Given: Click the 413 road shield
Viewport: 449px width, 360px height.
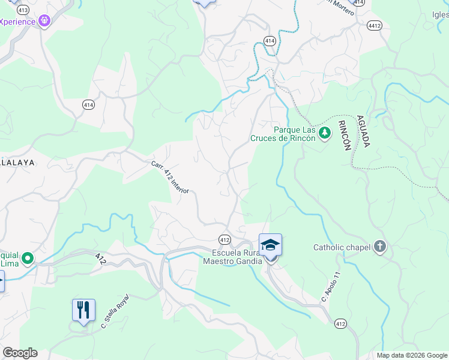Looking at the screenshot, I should pos(23,10).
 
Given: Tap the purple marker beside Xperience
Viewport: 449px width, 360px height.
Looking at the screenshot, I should pos(44,21).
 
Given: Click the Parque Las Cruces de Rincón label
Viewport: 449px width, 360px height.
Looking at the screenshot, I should pos(286,133).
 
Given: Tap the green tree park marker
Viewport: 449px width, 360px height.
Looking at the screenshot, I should pos(325,132).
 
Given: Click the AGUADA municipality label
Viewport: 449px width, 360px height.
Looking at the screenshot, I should pos(363,131).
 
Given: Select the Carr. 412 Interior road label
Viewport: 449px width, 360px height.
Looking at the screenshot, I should pos(170,177).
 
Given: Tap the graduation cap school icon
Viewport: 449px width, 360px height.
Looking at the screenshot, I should pos(270,245).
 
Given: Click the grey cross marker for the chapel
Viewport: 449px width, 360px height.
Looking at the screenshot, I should pos(379,247).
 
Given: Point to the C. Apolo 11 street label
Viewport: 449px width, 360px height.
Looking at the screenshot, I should pos(331,286).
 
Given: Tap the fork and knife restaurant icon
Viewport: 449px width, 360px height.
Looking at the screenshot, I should pos(83,310).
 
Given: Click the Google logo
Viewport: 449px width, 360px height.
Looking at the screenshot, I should pos(20,353).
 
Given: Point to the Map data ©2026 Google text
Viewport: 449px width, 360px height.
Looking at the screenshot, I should pos(411,355).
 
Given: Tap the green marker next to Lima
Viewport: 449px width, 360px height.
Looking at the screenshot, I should pos(28,258).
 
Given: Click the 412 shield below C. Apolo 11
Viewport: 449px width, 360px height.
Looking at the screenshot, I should pos(341,324).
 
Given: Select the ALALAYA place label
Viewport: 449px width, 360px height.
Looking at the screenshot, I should pos(17,163).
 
